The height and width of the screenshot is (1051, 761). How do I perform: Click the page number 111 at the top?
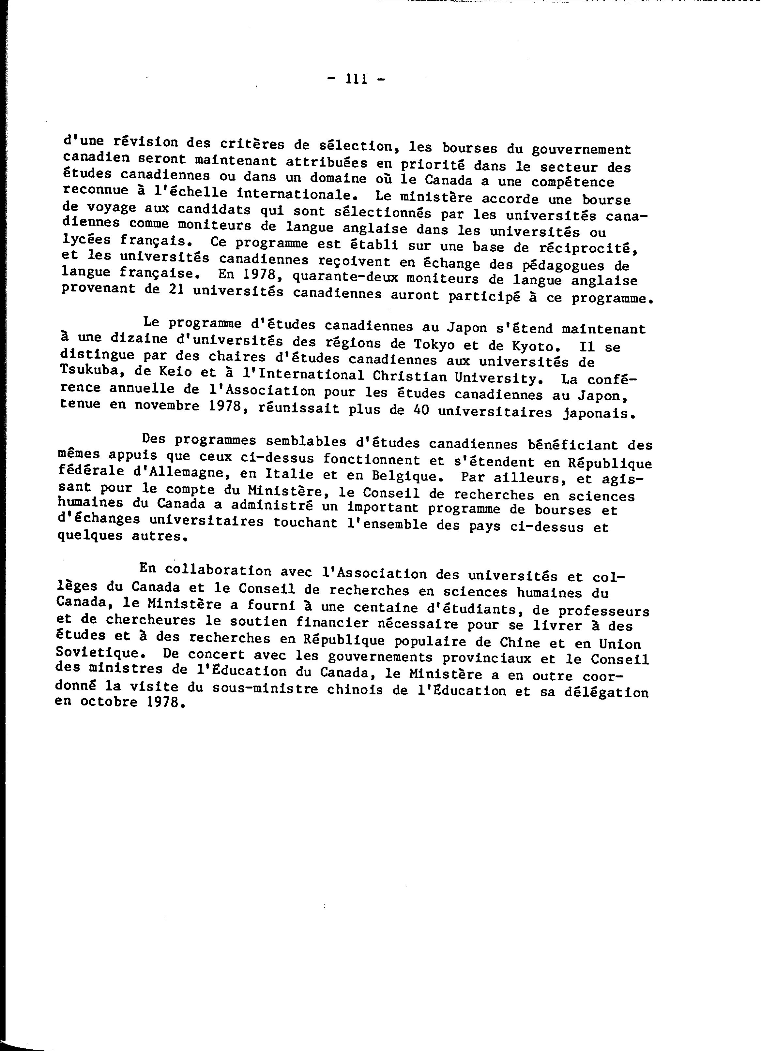(357, 79)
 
